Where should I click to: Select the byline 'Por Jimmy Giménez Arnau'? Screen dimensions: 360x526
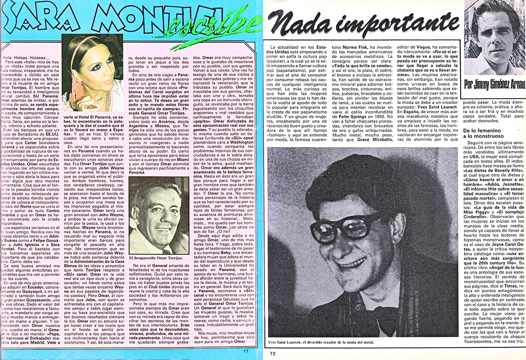click(495, 85)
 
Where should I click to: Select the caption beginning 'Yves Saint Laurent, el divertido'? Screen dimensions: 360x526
click(321, 342)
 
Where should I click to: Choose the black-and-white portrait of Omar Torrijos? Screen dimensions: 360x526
click(159, 215)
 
